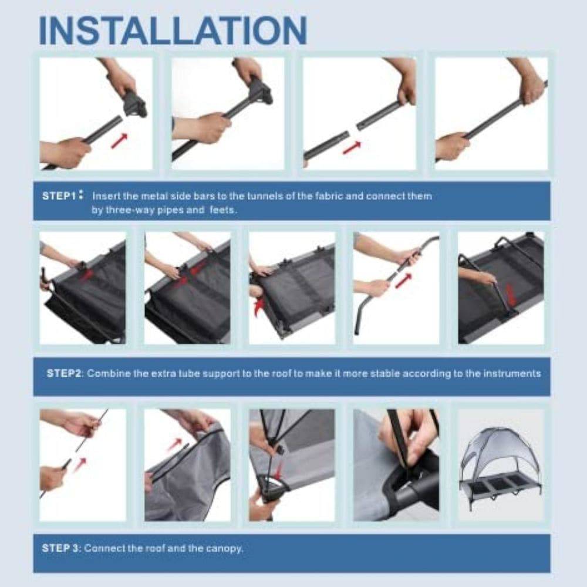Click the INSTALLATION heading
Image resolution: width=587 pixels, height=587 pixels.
tap(173, 31)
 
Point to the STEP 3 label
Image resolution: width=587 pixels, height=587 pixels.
tap(60, 548)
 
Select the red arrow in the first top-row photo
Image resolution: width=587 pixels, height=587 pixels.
tap(119, 141)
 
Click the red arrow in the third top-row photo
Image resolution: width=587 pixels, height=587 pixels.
tap(352, 147)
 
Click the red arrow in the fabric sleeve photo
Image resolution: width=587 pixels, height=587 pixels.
tap(174, 445)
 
